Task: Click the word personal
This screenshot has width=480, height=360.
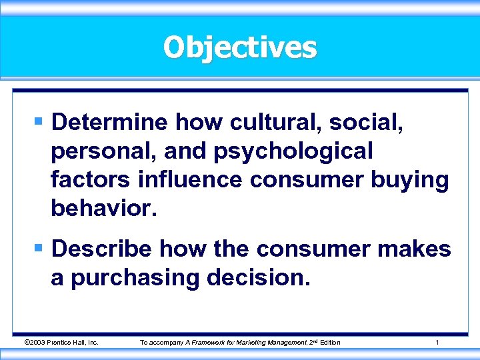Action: pyautogui.click(x=99, y=151)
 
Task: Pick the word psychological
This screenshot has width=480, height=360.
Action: pyautogui.click(x=293, y=151)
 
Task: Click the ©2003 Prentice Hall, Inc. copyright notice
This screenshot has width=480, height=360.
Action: pyautogui.click(x=61, y=342)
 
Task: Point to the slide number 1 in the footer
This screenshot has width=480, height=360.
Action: pyautogui.click(x=437, y=342)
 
